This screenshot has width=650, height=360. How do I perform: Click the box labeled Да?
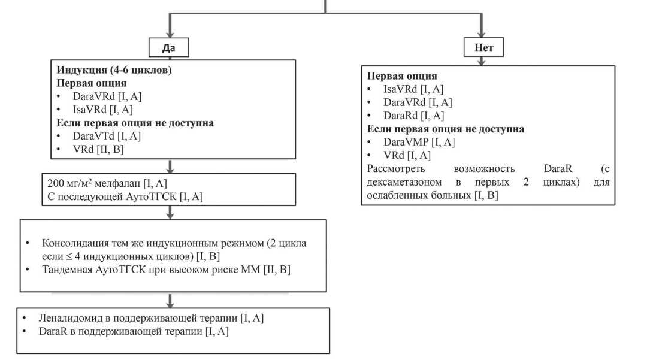coord(168,47)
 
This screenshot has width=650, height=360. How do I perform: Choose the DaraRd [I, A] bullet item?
coord(414,115)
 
